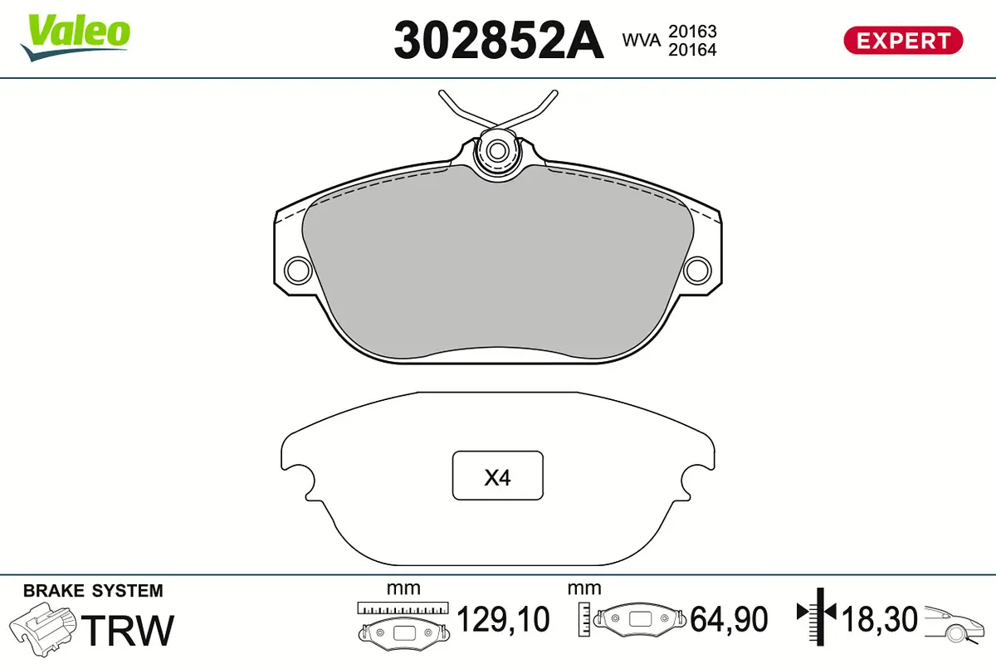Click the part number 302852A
coord(498,39)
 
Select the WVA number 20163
coord(693,32)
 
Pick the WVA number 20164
coord(693,50)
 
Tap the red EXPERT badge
coord(903,40)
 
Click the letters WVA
coord(640,40)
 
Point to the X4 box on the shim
coord(497,476)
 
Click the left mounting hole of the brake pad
coord(296,269)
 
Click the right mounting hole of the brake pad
coord(698,269)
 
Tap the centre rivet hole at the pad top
coord(497,151)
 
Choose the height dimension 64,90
coord(730,619)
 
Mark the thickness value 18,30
coord(880,619)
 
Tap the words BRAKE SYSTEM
coord(93,591)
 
